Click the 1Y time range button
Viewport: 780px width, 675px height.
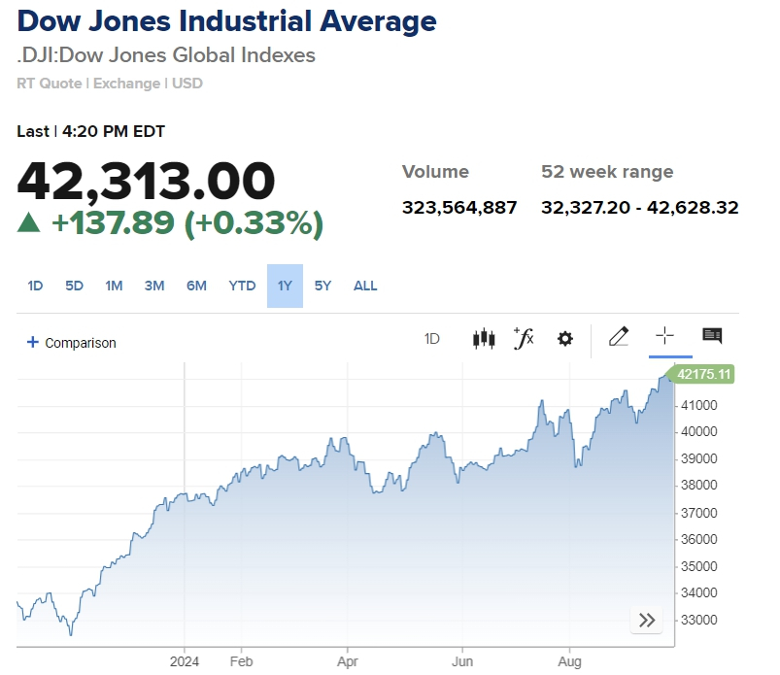285,286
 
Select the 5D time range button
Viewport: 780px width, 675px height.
74,286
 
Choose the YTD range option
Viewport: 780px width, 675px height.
242,286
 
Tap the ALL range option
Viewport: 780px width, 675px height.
365,286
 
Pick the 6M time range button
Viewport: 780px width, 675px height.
196,286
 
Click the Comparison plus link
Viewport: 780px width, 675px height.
71,343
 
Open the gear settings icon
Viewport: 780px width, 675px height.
564,338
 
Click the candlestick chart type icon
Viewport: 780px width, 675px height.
484,338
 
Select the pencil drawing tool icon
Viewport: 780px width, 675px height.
618,337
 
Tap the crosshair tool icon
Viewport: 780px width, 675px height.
664,336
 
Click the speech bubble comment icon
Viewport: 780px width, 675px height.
712,336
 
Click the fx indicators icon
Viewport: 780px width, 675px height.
524,338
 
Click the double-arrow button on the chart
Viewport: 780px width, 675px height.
647,620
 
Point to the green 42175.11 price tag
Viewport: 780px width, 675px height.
703,374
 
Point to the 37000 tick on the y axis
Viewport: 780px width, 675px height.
698,512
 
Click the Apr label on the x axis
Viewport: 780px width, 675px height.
347,662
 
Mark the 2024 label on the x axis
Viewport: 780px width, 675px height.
185,662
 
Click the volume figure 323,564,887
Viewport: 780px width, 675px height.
459,207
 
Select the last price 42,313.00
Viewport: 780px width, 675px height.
147,181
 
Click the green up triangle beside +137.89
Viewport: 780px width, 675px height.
29,223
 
